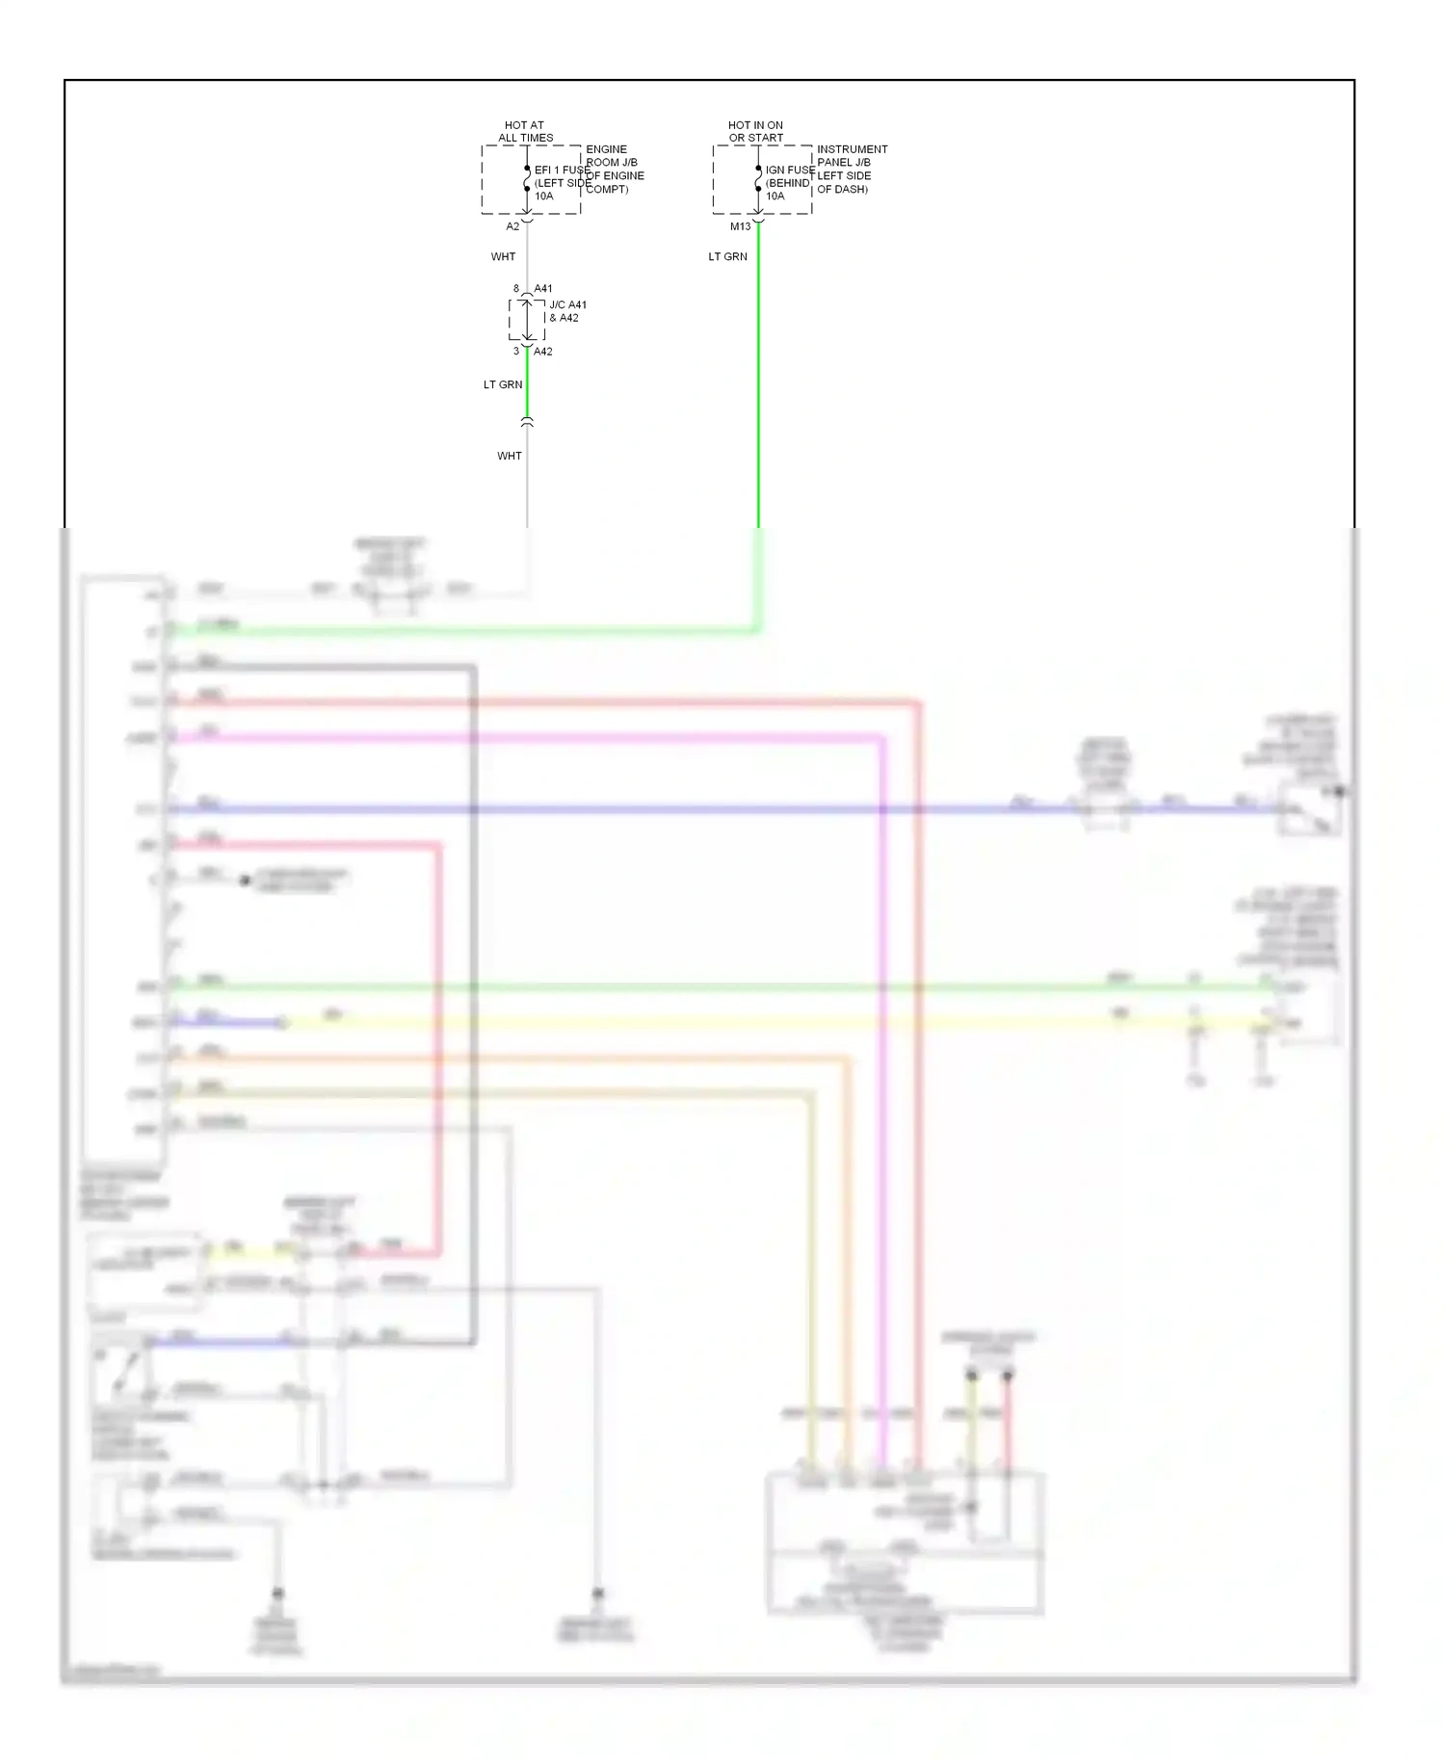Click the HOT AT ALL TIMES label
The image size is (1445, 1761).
click(525, 131)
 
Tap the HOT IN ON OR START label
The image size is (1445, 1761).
click(755, 131)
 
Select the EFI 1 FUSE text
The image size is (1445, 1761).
click(562, 170)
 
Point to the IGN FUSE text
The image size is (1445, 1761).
click(790, 170)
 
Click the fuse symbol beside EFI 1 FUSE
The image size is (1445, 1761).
click(527, 179)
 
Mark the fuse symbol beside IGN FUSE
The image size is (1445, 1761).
click(758, 179)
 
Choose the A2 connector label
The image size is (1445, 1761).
click(512, 226)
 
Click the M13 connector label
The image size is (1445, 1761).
click(740, 226)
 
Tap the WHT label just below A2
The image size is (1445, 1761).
click(503, 257)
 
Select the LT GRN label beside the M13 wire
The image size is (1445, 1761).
click(727, 257)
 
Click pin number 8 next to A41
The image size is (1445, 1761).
click(516, 289)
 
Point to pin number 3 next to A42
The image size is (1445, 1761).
click(516, 352)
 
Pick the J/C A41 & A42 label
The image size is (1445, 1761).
click(566, 311)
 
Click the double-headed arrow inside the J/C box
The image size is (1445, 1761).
click(527, 320)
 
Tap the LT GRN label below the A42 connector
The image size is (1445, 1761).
click(503, 384)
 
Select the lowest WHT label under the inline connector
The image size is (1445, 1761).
click(509, 456)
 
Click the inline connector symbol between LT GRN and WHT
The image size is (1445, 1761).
click(527, 422)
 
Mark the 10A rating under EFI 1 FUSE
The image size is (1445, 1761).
click(544, 196)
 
